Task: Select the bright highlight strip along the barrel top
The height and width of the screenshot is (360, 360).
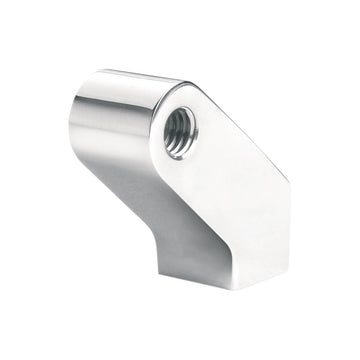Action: pyautogui.click(x=130, y=80)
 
